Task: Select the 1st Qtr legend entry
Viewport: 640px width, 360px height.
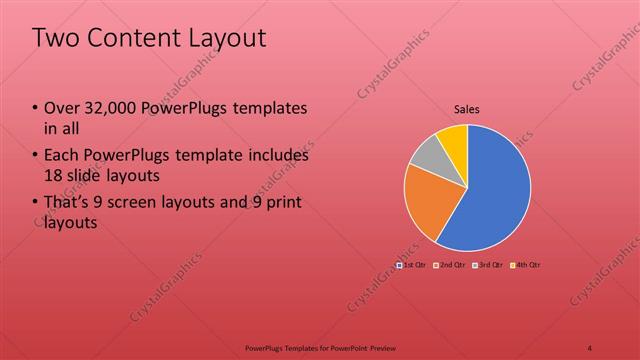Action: [411, 265]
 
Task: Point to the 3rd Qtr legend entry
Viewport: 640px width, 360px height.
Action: [486, 265]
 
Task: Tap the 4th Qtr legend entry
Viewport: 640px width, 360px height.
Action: [526, 265]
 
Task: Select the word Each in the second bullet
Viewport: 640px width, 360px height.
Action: [61, 156]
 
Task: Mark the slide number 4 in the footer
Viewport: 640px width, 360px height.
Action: [590, 347]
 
